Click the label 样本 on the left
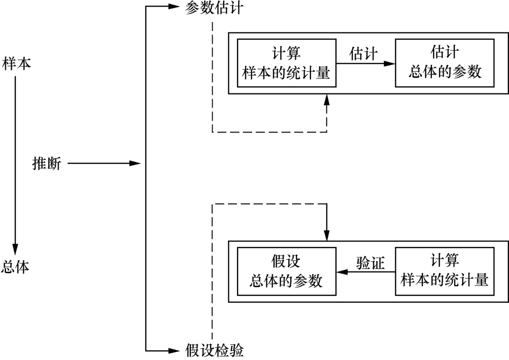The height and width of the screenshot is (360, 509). coord(17,63)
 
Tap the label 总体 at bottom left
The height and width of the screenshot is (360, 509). coord(15,267)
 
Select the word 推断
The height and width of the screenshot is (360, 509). coord(46,164)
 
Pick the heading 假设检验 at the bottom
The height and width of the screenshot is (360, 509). coord(214,351)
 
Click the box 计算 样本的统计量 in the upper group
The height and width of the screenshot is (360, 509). coord(286,62)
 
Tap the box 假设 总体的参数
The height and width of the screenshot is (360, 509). coord(286,272)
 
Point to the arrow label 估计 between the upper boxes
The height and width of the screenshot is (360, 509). coord(364,53)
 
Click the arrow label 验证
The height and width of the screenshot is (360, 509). coord(370,263)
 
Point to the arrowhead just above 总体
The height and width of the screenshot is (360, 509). coord(15,249)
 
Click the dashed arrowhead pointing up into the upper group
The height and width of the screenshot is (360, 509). coord(326,99)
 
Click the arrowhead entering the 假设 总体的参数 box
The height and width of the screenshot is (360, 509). coord(341,272)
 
